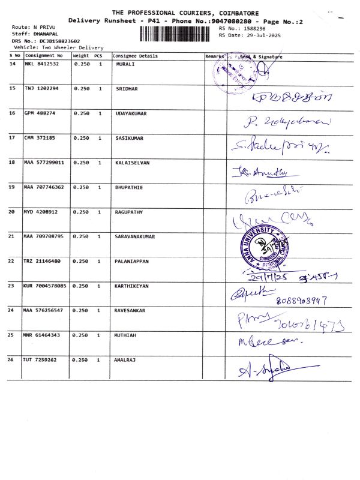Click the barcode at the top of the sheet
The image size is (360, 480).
tap(178, 34)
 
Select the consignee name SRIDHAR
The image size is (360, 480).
tap(127, 88)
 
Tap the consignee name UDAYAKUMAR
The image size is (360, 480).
tap(131, 113)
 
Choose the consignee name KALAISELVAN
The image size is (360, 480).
tap(132, 162)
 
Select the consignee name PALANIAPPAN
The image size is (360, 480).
tap(131, 261)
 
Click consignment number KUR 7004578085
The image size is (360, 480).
tap(45, 286)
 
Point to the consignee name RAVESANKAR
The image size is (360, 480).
tap(130, 310)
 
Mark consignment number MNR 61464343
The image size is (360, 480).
tap(42, 335)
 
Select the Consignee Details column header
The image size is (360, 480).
tap(136, 56)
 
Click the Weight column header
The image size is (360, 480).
tap(80, 56)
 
